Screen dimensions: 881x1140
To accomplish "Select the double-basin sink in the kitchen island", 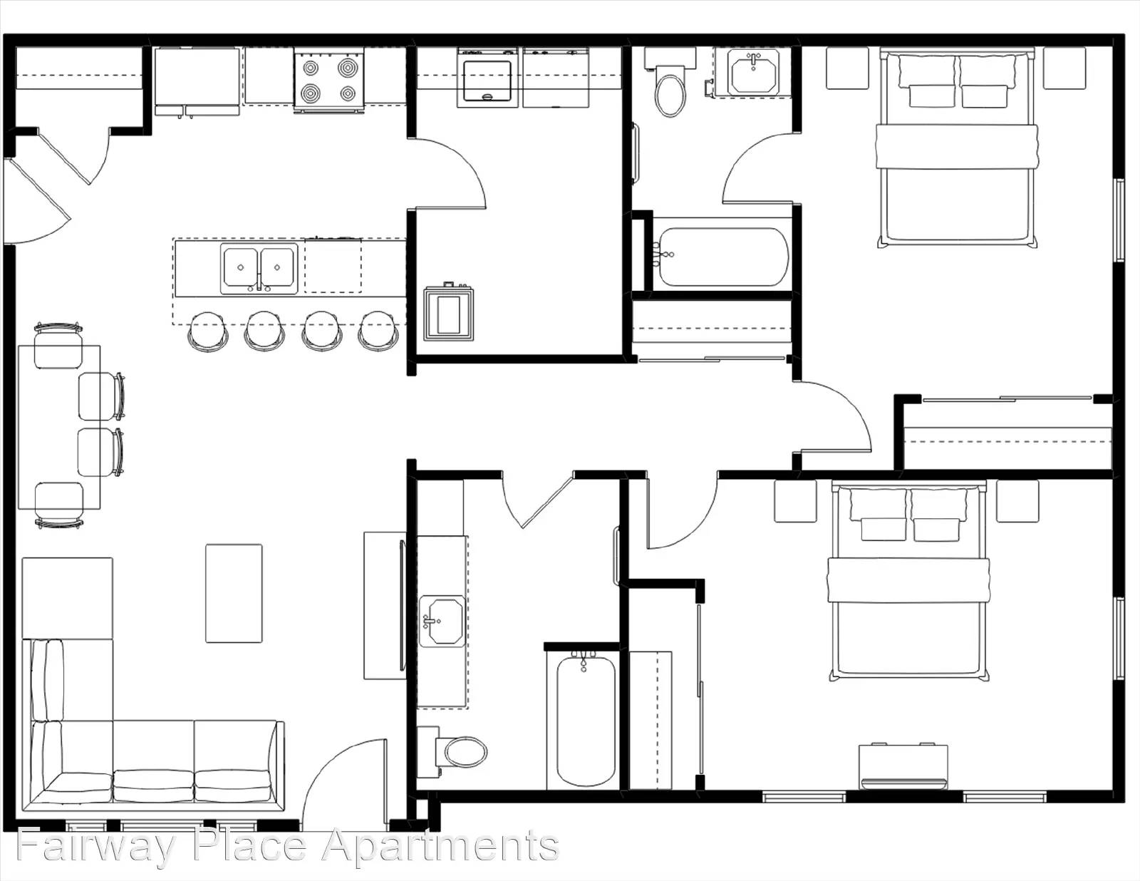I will [259, 269].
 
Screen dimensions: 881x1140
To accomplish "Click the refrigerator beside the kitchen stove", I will [197, 80].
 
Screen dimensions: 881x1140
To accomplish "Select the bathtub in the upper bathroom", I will [721, 257].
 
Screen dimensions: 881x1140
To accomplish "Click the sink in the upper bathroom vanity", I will [754, 72].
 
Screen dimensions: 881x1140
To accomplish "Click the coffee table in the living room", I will [234, 593].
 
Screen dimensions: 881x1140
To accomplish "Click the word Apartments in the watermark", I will [440, 847].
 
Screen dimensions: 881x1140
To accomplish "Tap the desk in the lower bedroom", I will [903, 766].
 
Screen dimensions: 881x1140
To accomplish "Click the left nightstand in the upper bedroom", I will [847, 68].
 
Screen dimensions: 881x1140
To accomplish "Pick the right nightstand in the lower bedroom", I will [1017, 501].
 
